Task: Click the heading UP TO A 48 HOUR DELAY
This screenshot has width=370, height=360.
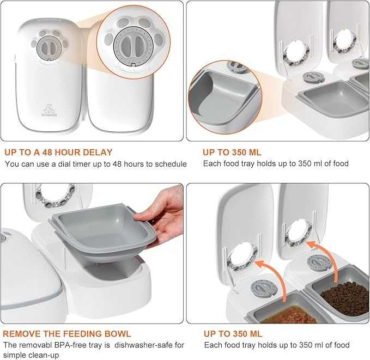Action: [x=58, y=152]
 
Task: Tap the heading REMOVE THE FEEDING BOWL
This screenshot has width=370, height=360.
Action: [x=67, y=334]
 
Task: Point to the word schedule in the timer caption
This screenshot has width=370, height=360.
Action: [x=171, y=164]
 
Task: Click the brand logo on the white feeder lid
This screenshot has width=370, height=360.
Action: [x=49, y=111]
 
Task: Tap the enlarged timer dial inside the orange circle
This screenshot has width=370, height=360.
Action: [x=134, y=45]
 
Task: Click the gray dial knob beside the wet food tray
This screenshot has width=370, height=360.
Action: [x=264, y=287]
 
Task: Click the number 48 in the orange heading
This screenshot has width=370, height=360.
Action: [x=47, y=152]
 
